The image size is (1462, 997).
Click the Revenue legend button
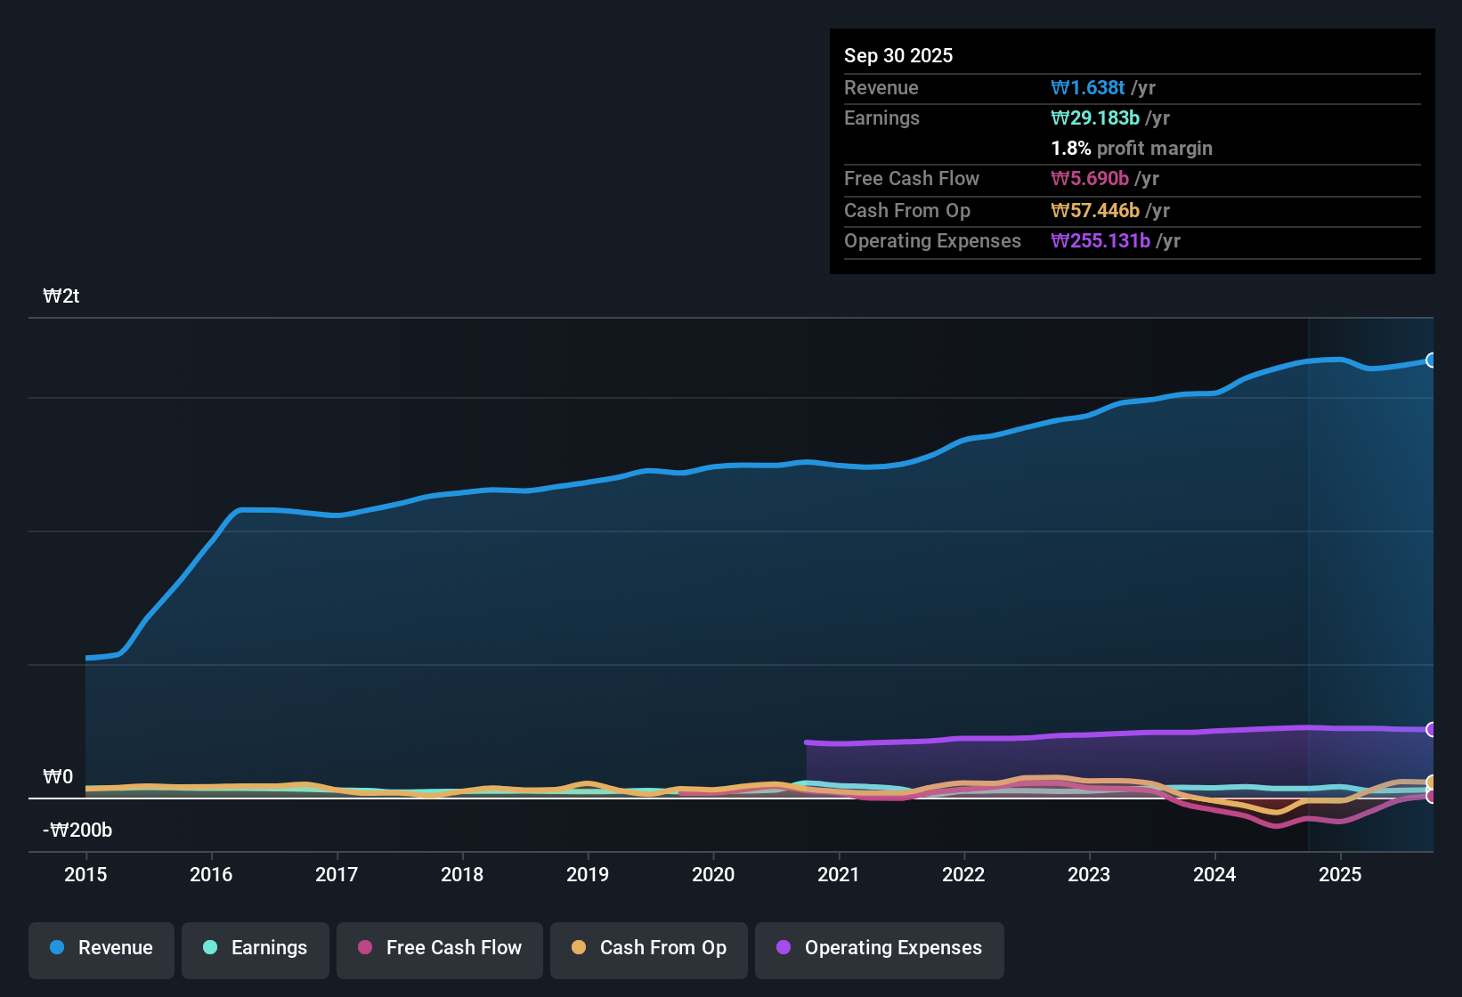tap(102, 948)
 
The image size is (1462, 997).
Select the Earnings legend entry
tap(255, 948)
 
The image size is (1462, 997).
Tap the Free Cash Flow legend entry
tap(440, 948)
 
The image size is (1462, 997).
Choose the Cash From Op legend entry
tap(649, 948)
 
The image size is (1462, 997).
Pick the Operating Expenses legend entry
tap(880, 948)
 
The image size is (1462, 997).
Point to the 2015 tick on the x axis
tap(85, 874)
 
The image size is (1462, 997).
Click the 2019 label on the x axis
tap(588, 874)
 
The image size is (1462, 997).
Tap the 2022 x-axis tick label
tap(963, 874)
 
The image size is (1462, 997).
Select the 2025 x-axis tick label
tap(1340, 874)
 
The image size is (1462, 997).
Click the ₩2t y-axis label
tap(61, 296)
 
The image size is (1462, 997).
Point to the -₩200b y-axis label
tap(77, 831)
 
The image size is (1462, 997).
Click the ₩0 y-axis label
tap(58, 777)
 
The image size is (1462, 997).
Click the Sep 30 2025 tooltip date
tap(898, 55)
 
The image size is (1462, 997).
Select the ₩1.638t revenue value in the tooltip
tap(1088, 87)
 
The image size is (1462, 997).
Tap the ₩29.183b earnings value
tap(1095, 118)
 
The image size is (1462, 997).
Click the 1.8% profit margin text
tap(1132, 148)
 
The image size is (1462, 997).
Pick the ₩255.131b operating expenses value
tap(1101, 240)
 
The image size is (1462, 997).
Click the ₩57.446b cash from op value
tap(1095, 210)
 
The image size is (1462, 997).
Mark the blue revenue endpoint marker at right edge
tap(1432, 361)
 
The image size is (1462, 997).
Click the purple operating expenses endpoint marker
tap(1432, 730)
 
